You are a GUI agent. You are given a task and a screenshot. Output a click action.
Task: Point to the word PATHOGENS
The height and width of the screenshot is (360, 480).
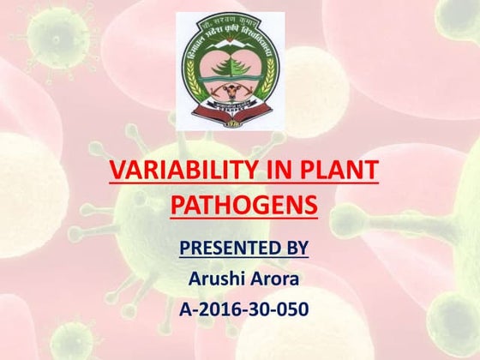click(244, 206)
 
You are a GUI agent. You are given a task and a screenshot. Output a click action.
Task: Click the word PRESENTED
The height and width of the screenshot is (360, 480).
click(219, 249)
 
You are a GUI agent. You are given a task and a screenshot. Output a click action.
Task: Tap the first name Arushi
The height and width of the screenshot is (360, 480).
click(215, 279)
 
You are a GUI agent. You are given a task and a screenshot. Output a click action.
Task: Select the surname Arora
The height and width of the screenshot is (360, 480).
click(280, 279)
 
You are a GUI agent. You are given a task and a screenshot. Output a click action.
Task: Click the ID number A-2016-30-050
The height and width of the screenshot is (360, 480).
click(244, 309)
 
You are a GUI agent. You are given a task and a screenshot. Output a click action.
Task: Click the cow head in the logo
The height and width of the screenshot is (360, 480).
click(232, 92)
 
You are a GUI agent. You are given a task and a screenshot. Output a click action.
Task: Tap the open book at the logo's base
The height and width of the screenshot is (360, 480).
click(233, 111)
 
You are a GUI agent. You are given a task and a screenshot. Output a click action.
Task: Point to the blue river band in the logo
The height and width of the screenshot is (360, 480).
click(233, 78)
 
